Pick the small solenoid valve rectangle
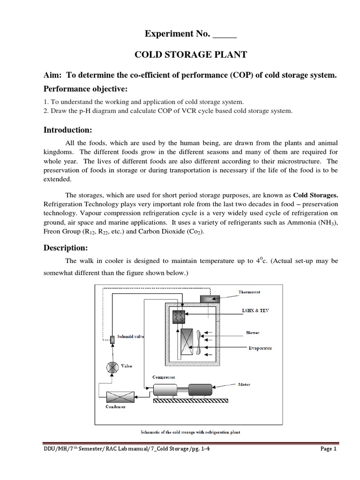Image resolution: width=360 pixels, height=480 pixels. (112, 339)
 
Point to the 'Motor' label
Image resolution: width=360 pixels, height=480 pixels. (244, 384)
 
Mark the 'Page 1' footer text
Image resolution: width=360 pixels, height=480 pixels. (329, 462)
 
